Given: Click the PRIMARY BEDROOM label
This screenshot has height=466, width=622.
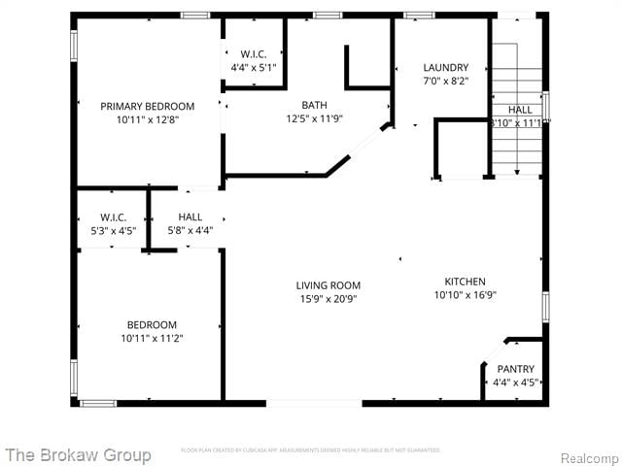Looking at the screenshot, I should (x=148, y=106).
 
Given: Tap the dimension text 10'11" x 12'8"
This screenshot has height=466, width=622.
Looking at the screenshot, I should (x=148, y=119).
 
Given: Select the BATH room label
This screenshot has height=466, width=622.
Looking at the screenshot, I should (x=314, y=106).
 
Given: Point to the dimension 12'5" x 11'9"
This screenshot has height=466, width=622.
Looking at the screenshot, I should (x=314, y=119).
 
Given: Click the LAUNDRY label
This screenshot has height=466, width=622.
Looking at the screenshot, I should (x=445, y=68).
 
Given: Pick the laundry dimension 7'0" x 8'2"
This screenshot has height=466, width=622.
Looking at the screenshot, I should (x=445, y=82).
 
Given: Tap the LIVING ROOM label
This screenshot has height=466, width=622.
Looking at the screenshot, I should (x=328, y=285).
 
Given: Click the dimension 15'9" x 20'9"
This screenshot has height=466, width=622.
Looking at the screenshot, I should (x=328, y=299).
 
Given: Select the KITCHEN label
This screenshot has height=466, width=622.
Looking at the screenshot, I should (x=465, y=281).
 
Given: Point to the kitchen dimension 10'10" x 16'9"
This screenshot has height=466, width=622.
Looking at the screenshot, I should (x=465, y=294).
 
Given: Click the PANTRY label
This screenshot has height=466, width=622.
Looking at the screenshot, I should (x=515, y=369).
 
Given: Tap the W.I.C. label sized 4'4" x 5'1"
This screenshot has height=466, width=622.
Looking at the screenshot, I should (x=254, y=54).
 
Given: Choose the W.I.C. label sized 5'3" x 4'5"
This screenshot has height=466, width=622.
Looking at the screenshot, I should (x=114, y=216).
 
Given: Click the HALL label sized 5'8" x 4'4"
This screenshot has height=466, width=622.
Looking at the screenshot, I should (x=190, y=216).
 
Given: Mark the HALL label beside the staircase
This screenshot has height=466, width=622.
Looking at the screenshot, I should (x=519, y=110).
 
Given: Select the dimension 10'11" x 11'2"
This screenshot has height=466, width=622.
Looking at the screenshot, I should (x=152, y=338).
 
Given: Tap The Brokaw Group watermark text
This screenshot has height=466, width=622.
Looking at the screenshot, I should (x=78, y=454).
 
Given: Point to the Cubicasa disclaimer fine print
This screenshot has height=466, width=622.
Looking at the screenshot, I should (x=310, y=450).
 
